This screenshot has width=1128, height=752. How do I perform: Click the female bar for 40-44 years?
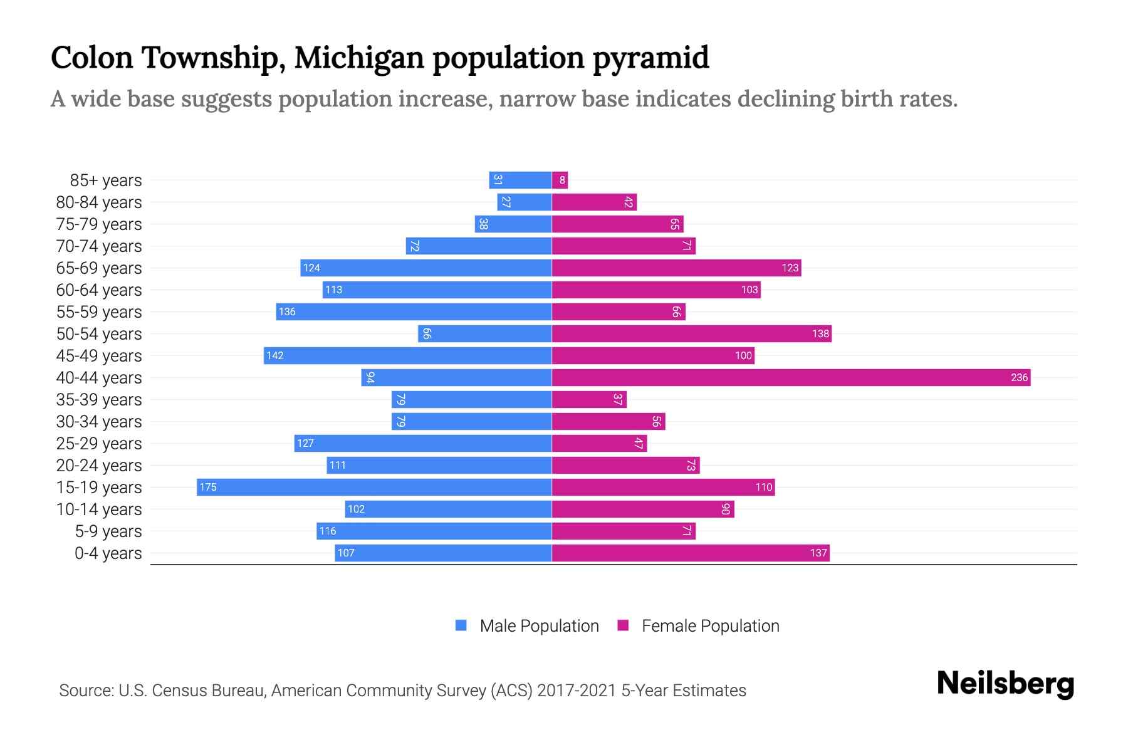point(791,377)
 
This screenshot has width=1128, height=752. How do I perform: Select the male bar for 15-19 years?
point(374,487)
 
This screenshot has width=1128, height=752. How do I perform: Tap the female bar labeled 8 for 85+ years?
point(560,180)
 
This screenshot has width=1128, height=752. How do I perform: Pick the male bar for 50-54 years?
point(485,333)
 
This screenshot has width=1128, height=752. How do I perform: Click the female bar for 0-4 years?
point(691,553)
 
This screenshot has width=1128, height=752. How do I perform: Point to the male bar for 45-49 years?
point(407,355)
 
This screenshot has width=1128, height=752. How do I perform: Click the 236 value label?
point(1019,377)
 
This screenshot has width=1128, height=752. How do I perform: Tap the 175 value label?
point(208,487)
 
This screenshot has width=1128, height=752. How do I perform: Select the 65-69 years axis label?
point(99,268)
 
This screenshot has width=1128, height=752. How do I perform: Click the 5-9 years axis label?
point(108,531)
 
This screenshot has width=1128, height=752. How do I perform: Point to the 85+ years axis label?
point(106,180)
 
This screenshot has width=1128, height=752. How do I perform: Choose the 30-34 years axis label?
point(99,421)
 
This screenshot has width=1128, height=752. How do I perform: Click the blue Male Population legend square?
point(461,625)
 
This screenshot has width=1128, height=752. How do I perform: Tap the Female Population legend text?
point(710,625)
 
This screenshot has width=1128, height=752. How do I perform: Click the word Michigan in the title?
point(359,58)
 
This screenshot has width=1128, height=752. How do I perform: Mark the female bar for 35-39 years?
point(589,399)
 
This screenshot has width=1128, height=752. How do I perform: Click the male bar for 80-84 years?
point(525,202)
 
